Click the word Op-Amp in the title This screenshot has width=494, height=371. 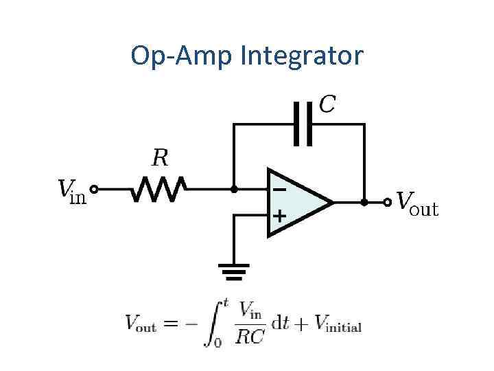coord(183,56)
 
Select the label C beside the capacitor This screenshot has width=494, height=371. coord(328,104)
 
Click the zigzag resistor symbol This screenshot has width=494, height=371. coord(159,188)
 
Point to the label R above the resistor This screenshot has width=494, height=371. coord(159,159)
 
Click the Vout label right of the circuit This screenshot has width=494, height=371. coord(417,203)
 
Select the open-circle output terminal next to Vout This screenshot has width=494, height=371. coord(388,202)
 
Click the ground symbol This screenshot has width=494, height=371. coord(234,272)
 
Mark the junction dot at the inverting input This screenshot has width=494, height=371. coord(234,188)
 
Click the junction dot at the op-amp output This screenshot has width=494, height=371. coord(364,202)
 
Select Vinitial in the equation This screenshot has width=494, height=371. coord(338,324)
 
